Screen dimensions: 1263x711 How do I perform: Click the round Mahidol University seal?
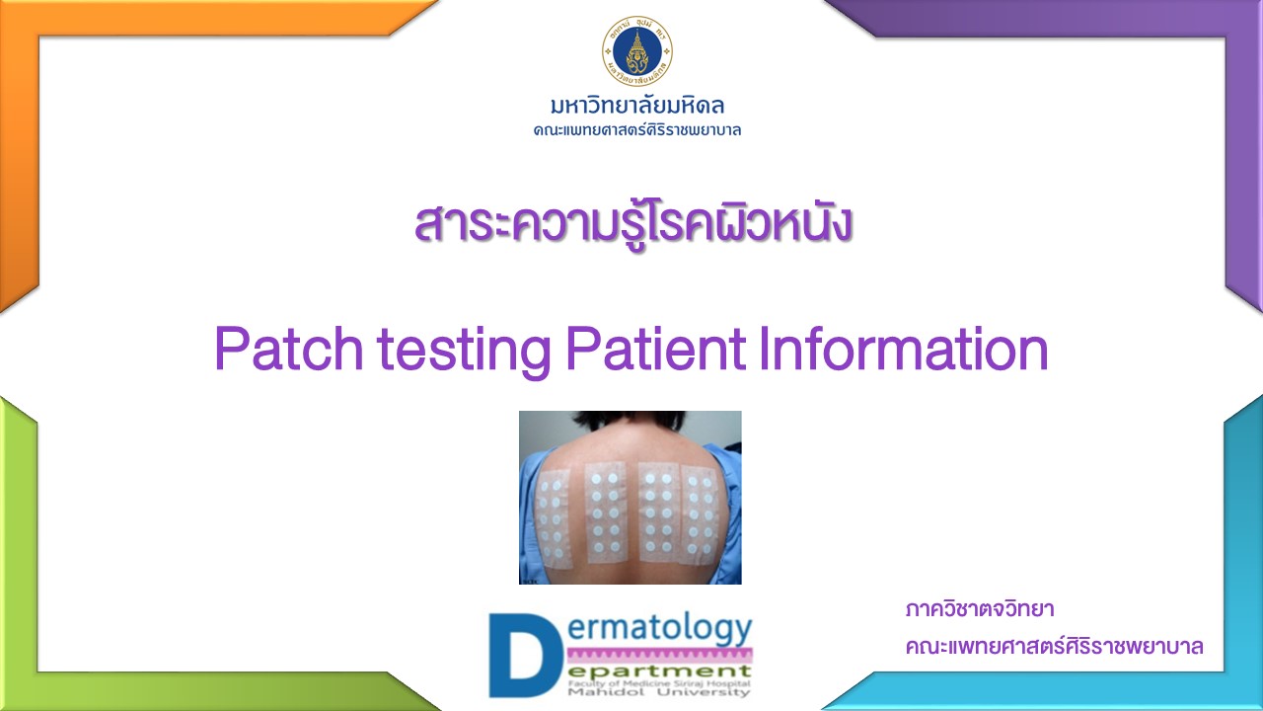[x=637, y=50]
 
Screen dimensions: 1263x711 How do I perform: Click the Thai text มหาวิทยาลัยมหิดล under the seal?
[x=637, y=106]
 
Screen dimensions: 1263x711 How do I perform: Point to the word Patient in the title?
[x=656, y=349]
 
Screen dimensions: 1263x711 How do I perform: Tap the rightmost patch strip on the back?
[x=700, y=514]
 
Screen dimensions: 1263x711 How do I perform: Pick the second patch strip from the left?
[x=605, y=513]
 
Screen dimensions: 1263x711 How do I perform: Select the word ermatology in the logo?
[x=660, y=630]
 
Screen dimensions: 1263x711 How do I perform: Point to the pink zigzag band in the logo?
[x=659, y=655]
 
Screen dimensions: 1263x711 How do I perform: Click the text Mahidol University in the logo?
[x=659, y=692]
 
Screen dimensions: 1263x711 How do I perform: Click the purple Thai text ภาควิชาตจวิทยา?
[x=980, y=609]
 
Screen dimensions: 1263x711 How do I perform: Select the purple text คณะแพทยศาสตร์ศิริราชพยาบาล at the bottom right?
[x=1055, y=646]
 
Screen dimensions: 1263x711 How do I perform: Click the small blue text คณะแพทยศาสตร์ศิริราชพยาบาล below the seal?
[x=637, y=130]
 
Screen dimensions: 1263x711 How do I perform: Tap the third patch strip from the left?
[x=657, y=513]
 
